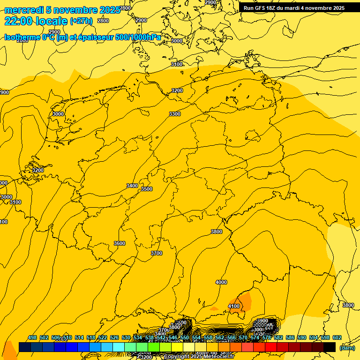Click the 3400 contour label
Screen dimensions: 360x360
click(132, 186)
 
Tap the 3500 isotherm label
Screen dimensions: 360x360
click(147, 189)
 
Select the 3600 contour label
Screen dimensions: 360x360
click(120, 243)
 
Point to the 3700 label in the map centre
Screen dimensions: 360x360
click(157, 253)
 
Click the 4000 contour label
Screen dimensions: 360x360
click(221, 282)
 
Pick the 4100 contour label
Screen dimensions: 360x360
click(233, 306)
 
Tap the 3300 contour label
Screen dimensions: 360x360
click(175, 114)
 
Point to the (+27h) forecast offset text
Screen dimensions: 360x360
click(81, 21)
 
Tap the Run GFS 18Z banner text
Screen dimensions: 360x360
click(294, 8)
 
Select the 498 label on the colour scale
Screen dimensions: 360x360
click(32, 337)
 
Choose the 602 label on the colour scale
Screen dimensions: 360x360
click(337, 337)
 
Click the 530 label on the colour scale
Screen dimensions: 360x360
click(126, 337)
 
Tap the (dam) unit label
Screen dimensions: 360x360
click(347, 347)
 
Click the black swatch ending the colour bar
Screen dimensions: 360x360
click(330, 347)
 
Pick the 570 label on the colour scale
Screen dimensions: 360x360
click(243, 337)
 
